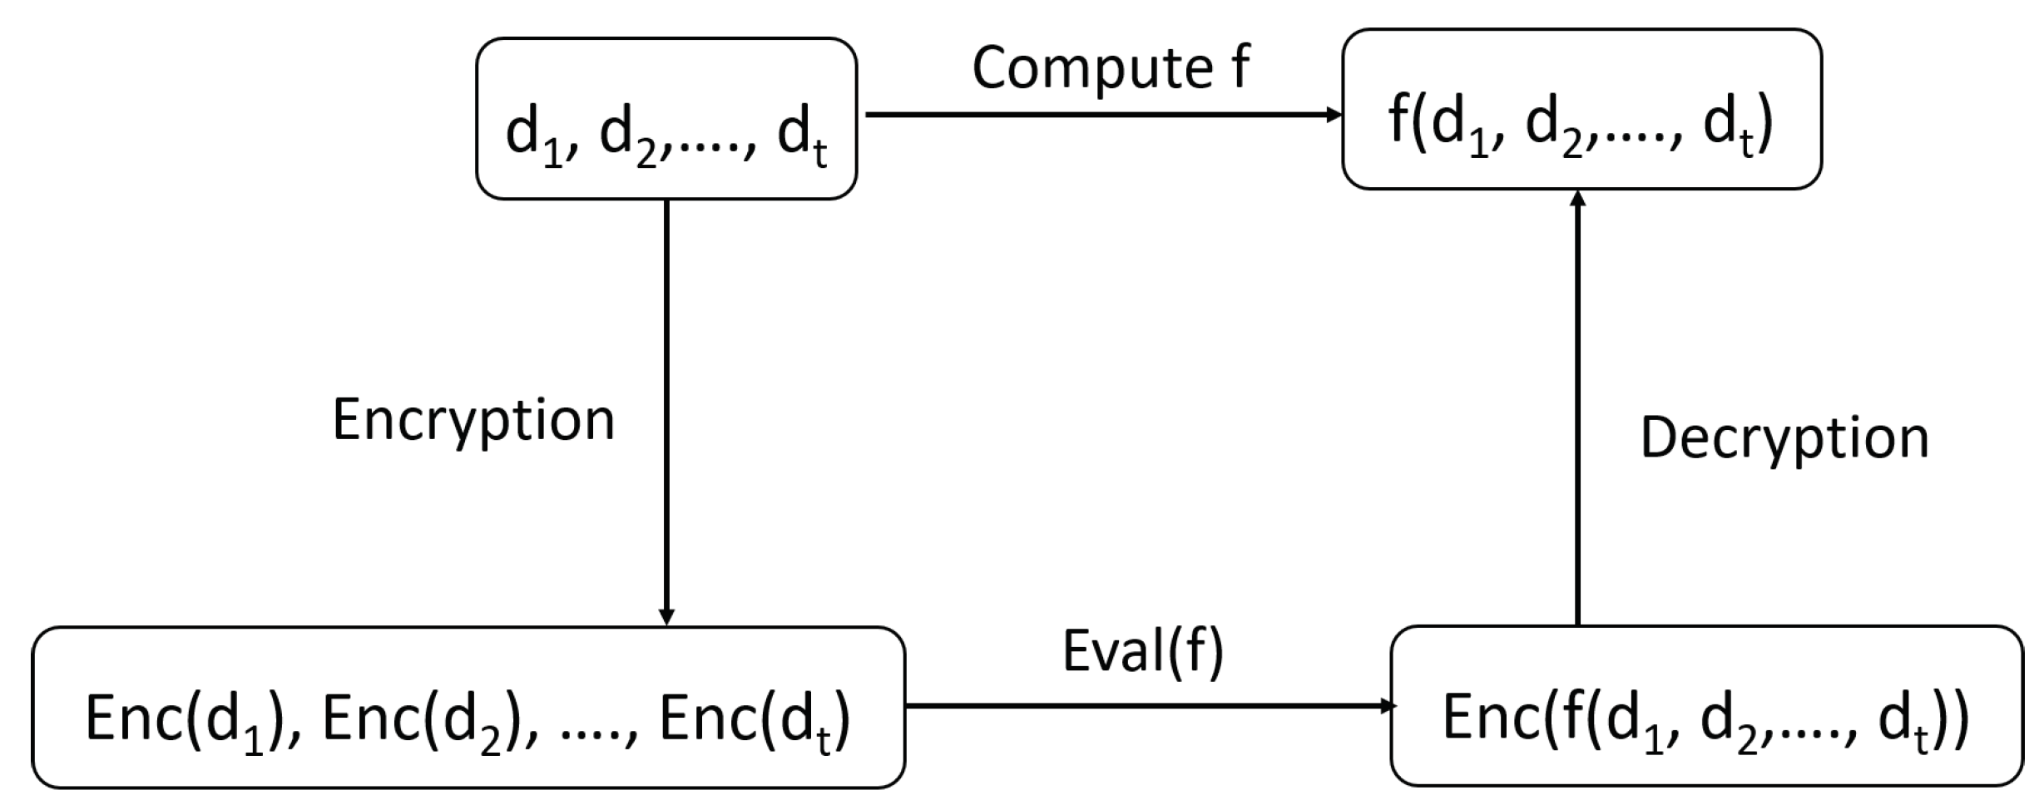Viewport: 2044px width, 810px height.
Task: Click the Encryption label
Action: click(x=473, y=420)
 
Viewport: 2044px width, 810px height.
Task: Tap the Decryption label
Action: click(x=1784, y=438)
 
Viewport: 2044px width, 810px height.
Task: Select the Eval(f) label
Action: click(x=1143, y=651)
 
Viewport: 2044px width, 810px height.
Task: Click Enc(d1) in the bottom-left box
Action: click(x=187, y=720)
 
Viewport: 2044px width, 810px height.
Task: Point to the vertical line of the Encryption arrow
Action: click(x=666, y=349)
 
